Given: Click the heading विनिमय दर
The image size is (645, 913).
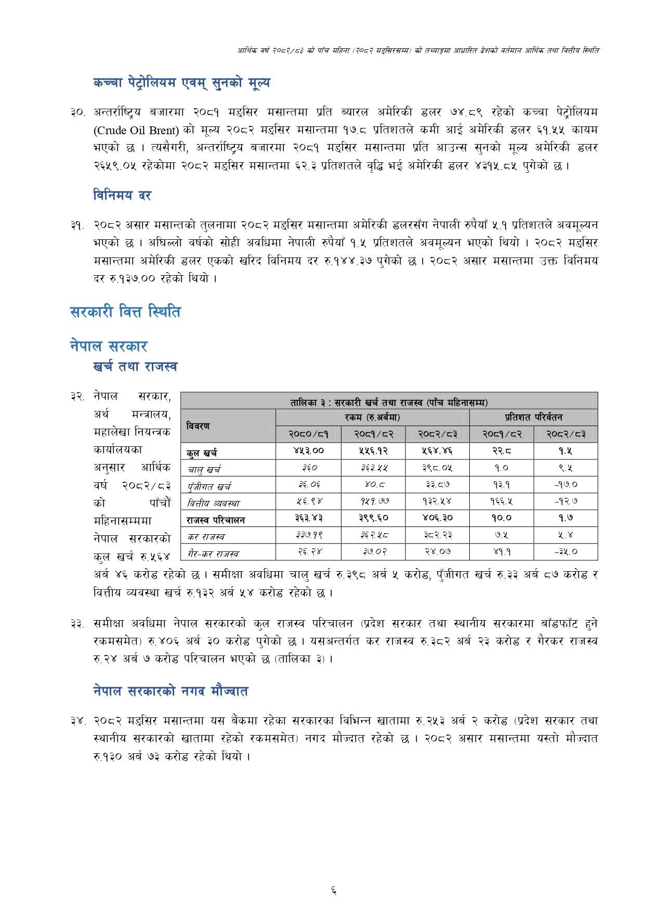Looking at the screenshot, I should click(122, 196).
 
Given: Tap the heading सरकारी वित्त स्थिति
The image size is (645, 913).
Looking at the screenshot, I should click(125, 312).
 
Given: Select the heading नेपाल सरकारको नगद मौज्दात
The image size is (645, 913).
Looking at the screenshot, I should click(170, 691).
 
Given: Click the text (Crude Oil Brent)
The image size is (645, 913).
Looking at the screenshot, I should click(136, 130).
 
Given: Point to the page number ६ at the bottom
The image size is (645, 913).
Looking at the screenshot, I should click(333, 891).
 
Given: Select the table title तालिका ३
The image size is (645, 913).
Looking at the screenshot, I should click(389, 402).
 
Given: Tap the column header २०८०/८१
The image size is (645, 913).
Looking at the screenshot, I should click(308, 434).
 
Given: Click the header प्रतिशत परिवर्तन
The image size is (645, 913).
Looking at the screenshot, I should click(533, 417).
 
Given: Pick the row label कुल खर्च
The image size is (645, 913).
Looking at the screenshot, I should click(202, 452).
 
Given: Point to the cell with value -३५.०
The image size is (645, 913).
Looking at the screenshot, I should click(565, 551).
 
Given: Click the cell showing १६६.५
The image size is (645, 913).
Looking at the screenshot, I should click(501, 501).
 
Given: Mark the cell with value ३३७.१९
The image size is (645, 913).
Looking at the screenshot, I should click(309, 535).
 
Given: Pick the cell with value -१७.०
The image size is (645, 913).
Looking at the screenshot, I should click(565, 484).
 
